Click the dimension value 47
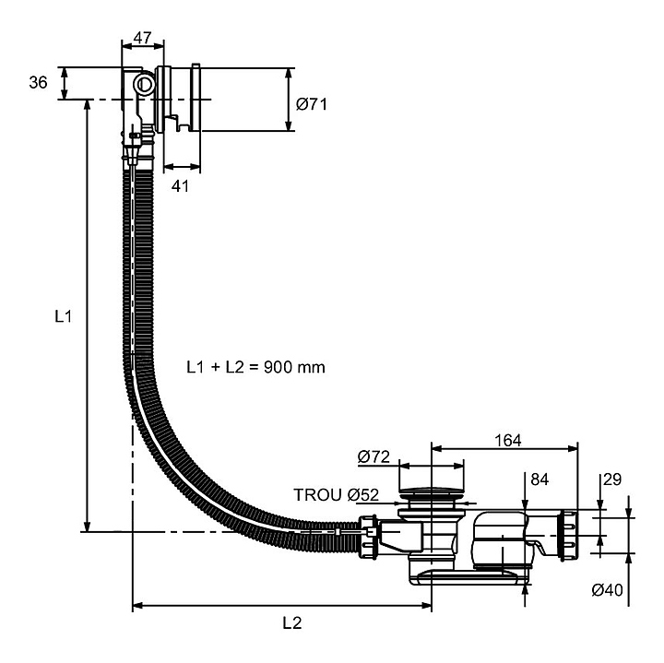(142, 38)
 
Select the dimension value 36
(38, 83)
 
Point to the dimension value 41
(181, 185)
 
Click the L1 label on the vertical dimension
(62, 316)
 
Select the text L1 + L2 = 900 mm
(255, 367)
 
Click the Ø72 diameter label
(373, 456)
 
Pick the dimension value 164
(507, 441)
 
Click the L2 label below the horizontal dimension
(291, 622)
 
